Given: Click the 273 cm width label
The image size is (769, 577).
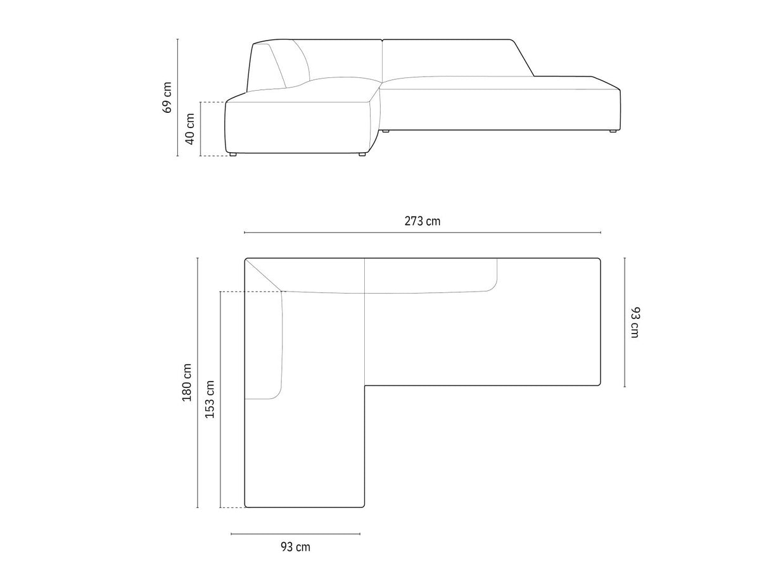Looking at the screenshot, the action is click(422, 221).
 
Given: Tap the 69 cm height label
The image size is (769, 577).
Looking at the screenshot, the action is click(167, 98).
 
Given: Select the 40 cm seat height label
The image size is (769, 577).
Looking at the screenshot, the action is click(189, 129).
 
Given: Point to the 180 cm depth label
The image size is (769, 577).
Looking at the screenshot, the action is click(187, 382).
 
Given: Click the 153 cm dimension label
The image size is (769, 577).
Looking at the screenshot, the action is click(210, 399).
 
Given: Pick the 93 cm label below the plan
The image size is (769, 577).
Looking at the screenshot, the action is click(295, 547).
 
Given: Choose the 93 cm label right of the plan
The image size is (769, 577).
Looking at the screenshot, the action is click(635, 323).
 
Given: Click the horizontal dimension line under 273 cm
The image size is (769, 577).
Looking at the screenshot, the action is click(422, 233).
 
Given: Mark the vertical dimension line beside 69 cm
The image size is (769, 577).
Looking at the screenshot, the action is click(177, 98).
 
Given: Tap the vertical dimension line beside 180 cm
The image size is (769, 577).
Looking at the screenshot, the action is click(198, 382).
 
